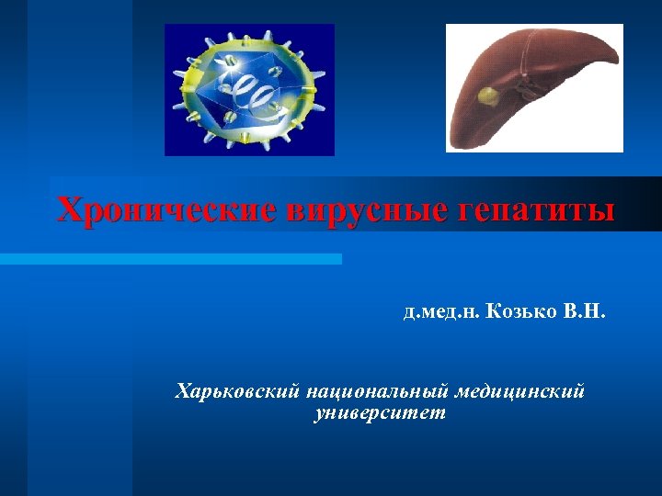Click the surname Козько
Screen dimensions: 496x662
tap(519, 313)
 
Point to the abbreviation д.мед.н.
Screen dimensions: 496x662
tap(439, 313)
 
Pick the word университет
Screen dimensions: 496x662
tap(380, 413)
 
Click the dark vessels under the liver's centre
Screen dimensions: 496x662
tap(531, 89)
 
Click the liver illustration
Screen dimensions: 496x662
tap(534, 87)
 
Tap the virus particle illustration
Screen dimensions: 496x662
tap(249, 89)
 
